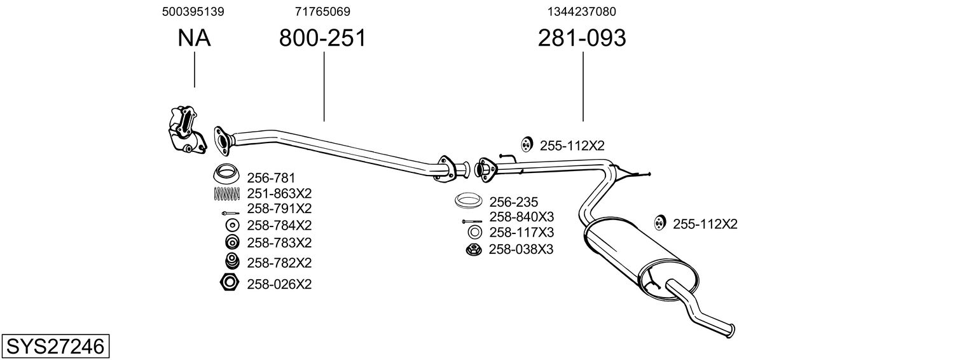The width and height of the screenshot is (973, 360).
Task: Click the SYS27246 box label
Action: (55, 347)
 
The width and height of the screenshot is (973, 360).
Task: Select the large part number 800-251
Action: (323, 39)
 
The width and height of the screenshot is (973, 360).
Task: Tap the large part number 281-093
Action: (582, 39)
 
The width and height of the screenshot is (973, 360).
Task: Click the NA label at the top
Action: (194, 39)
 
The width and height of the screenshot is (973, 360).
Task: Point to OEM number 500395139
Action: (193, 11)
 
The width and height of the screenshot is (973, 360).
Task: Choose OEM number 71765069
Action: (322, 11)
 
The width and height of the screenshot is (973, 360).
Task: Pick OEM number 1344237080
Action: (581, 11)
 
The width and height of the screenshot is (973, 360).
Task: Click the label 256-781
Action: (271, 177)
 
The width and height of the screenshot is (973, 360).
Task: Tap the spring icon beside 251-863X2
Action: (226, 193)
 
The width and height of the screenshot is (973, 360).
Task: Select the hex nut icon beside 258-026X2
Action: (229, 282)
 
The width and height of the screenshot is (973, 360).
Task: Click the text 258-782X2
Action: (279, 263)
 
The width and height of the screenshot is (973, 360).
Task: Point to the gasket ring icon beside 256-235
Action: (469, 202)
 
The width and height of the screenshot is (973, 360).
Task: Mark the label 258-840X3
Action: (521, 217)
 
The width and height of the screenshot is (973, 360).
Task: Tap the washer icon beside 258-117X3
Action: (474, 232)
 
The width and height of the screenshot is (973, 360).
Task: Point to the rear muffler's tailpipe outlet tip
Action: (733, 329)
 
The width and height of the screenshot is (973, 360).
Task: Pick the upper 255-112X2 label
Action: (572, 146)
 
